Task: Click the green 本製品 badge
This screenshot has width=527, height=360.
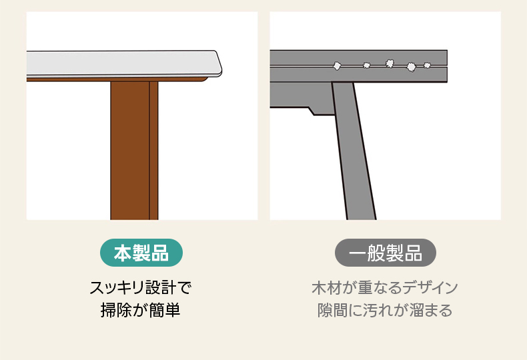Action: coord(141,253)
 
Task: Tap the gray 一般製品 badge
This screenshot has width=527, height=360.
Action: coord(385,253)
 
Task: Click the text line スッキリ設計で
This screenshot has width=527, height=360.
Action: coord(141,288)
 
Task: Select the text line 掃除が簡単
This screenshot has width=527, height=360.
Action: coord(141,310)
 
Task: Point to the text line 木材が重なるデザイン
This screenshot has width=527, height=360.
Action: coord(385,288)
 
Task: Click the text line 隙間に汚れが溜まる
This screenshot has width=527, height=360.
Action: coord(385,310)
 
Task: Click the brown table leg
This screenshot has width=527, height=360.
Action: coord(134,151)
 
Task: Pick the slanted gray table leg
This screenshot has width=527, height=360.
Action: coord(354,151)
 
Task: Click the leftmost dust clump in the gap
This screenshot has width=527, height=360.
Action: coord(337,65)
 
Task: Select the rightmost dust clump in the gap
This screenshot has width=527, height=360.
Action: coord(427,65)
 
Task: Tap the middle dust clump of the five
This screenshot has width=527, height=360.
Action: coord(390,63)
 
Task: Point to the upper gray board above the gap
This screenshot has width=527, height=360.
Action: coord(358,57)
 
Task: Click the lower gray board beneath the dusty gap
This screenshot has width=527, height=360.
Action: coord(358,75)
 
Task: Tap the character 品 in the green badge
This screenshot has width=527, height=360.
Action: coord(159,253)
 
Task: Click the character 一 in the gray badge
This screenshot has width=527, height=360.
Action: coord(358,253)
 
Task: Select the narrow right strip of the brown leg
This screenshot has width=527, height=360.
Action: coord(153,151)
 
